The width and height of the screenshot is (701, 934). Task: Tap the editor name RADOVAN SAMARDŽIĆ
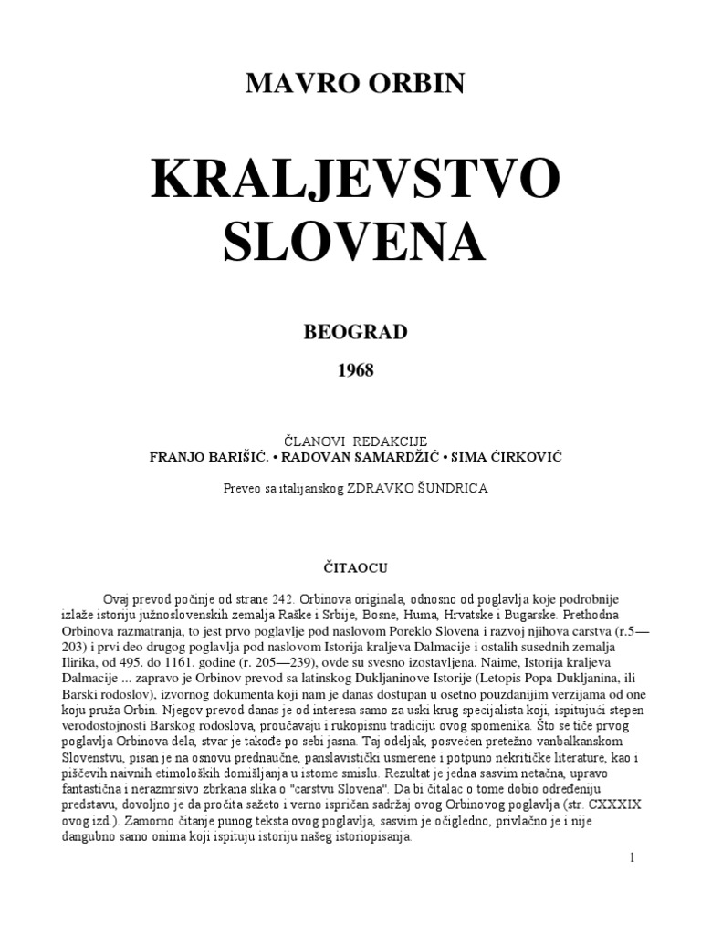pos(350,456)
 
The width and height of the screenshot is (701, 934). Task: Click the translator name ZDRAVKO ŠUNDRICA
pos(416,488)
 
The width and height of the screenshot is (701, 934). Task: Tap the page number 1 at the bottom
pos(632,858)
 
